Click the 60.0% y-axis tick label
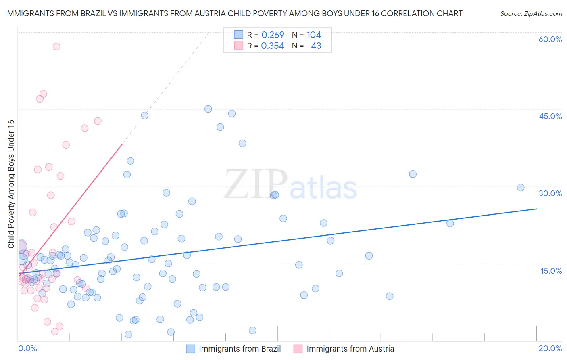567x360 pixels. tap(550, 39)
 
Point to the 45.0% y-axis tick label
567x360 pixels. tap(550, 116)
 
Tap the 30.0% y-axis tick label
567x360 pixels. tap(550, 193)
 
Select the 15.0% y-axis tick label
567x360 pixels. tap(551, 271)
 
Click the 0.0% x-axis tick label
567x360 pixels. tap(27, 348)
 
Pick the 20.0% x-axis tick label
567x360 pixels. tap(550, 348)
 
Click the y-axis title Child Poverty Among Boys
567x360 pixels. tap(11, 184)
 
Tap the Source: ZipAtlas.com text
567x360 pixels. tap(531, 14)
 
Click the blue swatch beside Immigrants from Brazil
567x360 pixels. tap(191, 349)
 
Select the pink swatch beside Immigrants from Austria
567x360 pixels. tap(298, 349)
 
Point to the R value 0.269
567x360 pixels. tap(273, 35)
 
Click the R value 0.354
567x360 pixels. tap(273, 46)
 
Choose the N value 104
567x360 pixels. tap(313, 35)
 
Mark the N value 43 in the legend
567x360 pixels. tap(316, 46)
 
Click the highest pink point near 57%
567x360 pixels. tap(56, 46)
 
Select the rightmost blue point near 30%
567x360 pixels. tap(521, 188)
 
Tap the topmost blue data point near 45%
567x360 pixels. tap(208, 109)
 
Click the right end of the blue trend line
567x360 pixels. tap(536, 209)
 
